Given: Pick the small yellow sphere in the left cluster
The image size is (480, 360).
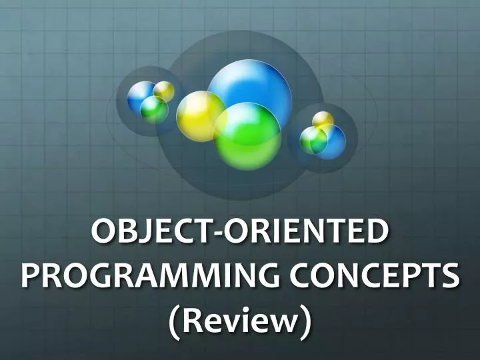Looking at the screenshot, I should click(x=164, y=90).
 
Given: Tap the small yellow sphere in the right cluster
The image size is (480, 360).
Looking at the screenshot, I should click(x=323, y=120).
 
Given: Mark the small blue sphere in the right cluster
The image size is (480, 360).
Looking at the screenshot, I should click(x=333, y=138).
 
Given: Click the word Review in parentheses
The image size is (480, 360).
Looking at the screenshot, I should click(x=240, y=318).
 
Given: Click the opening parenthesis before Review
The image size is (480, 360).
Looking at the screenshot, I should click(x=174, y=320).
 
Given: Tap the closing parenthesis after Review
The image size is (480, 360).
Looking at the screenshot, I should click(x=306, y=320).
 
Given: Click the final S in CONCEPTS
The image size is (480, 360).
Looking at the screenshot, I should click(x=451, y=275).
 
